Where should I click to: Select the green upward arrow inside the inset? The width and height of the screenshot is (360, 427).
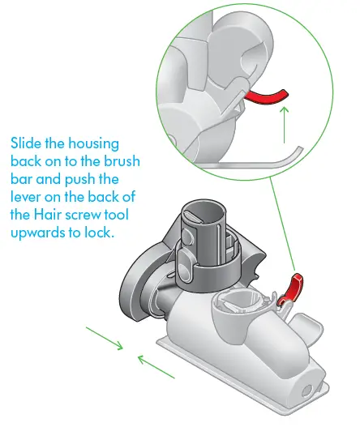284,125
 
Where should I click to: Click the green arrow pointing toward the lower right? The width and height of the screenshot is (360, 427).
106,339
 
